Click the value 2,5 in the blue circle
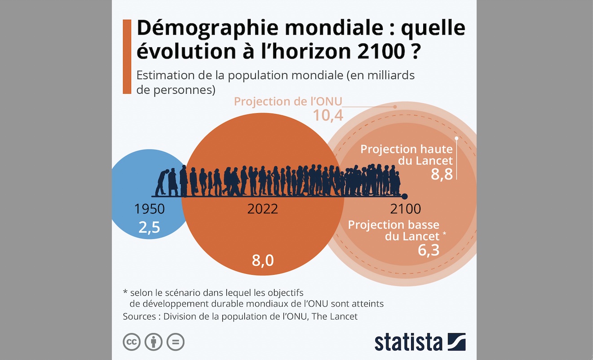(149, 228)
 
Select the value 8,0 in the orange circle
(263, 260)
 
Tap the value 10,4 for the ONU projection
(328, 115)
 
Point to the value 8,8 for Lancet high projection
(442, 175)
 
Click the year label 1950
(149, 209)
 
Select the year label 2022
(263, 209)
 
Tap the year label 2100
(406, 209)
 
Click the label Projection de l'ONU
(288, 101)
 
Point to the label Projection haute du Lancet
(407, 154)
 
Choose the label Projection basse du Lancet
(394, 230)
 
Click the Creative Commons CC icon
(132, 342)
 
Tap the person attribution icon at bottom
(154, 342)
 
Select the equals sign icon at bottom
(175, 342)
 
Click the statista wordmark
(408, 342)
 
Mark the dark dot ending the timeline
(404, 196)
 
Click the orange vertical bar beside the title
(127, 57)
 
